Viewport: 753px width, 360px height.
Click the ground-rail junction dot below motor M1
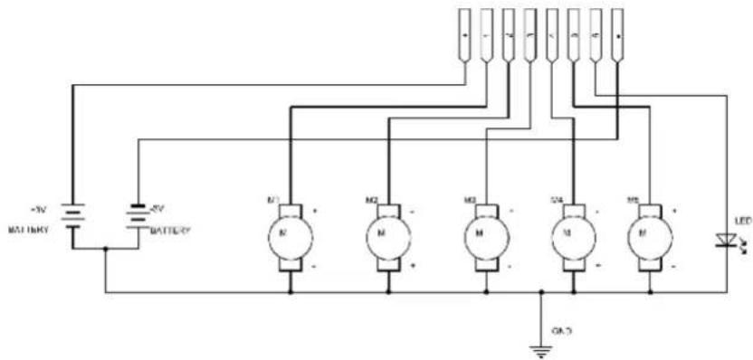pos(291,292)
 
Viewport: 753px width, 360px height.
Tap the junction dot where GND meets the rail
pos(541,292)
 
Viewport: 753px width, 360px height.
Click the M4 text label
pos(557,198)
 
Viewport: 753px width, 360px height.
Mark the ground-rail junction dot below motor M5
pos(649,292)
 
